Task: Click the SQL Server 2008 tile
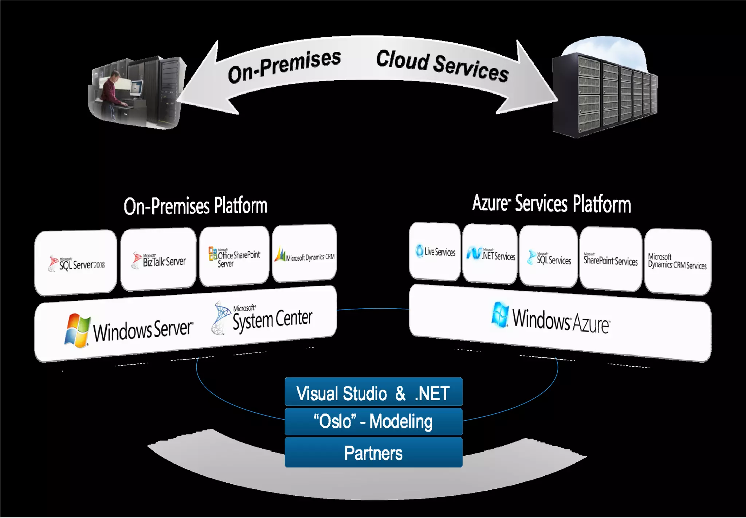[76, 262]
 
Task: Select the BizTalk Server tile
[158, 260]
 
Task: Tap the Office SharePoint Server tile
[234, 256]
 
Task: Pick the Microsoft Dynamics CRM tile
[305, 254]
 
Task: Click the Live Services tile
[435, 252]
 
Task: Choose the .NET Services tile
[490, 254]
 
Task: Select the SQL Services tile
[549, 257]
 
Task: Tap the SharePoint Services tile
[611, 260]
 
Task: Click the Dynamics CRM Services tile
[678, 262]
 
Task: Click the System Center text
[272, 320]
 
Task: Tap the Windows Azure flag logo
[500, 315]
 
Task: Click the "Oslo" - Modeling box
[373, 422]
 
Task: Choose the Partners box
[373, 453]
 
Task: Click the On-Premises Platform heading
[196, 206]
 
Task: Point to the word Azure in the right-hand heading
[490, 203]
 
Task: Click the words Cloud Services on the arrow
[442, 66]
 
